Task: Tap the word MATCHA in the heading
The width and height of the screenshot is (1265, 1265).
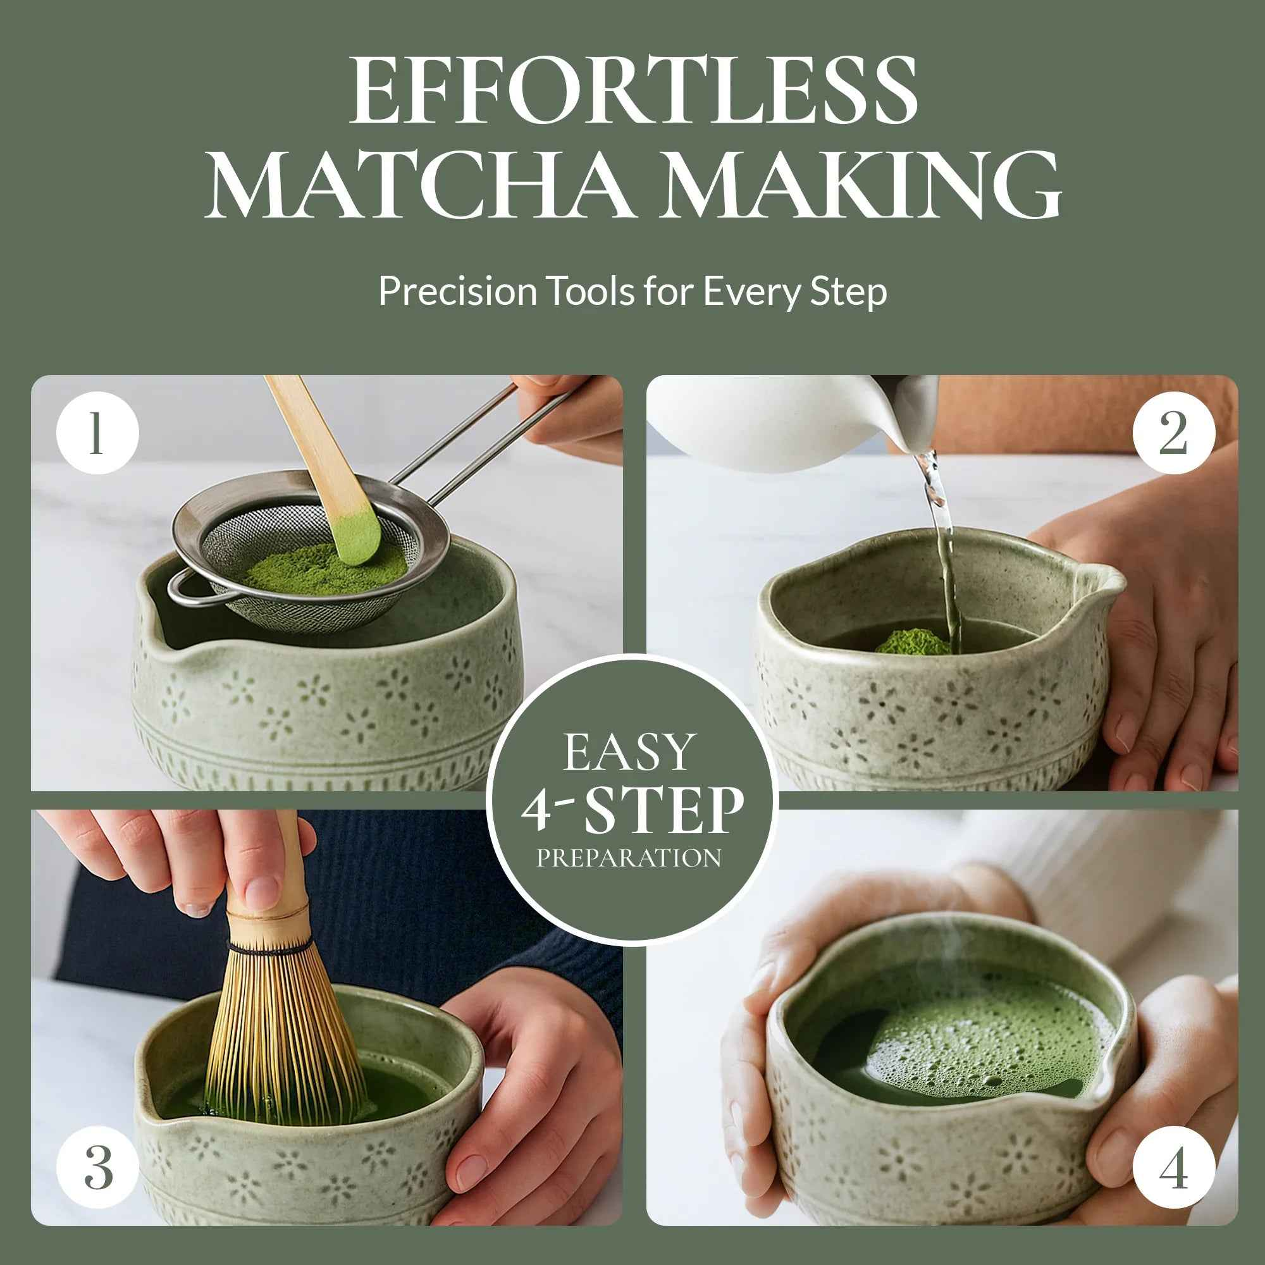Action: pos(419,185)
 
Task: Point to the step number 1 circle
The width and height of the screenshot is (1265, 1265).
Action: pos(97,433)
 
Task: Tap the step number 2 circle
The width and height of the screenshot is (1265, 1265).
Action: pos(1173,433)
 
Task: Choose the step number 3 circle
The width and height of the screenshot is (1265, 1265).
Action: pos(97,1168)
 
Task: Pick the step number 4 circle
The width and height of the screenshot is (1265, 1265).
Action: pos(1173,1168)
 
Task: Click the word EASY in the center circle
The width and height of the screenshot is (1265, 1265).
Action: pos(629,753)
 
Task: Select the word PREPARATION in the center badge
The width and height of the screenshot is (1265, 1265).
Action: pos(629,858)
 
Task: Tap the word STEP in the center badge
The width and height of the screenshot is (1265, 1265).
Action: pos(663,811)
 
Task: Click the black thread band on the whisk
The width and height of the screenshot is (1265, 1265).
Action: pos(270,949)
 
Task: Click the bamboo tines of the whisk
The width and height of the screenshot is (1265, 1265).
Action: pos(281,1035)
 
